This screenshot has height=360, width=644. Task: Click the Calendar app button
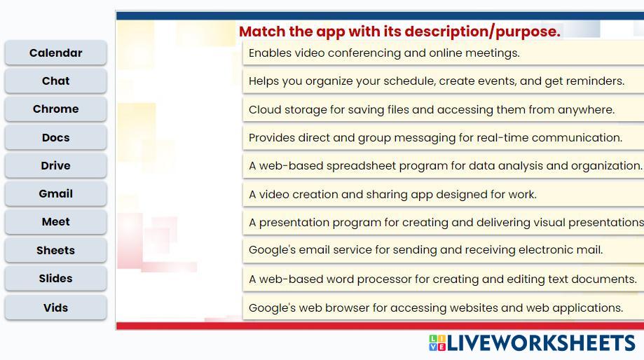coord(56,53)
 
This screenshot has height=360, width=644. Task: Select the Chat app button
coord(56,81)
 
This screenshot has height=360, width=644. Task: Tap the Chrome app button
coord(56,109)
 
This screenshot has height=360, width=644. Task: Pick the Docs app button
coord(56,137)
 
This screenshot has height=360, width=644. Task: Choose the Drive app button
coord(56,165)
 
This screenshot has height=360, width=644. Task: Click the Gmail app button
coord(56,194)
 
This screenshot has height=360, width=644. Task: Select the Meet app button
coord(56,221)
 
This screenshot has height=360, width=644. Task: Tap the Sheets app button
coord(56,251)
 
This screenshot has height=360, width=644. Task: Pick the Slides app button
coord(56,278)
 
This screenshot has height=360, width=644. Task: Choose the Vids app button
coord(56,307)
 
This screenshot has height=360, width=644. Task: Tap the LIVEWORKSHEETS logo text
coord(541,343)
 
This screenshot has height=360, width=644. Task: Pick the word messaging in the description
coord(425,138)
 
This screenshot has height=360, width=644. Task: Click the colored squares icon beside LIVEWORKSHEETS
coord(437,342)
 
